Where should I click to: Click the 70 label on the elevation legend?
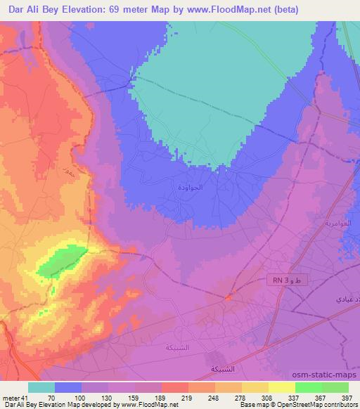tap(51, 398)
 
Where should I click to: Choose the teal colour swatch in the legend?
tap(41, 387)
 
